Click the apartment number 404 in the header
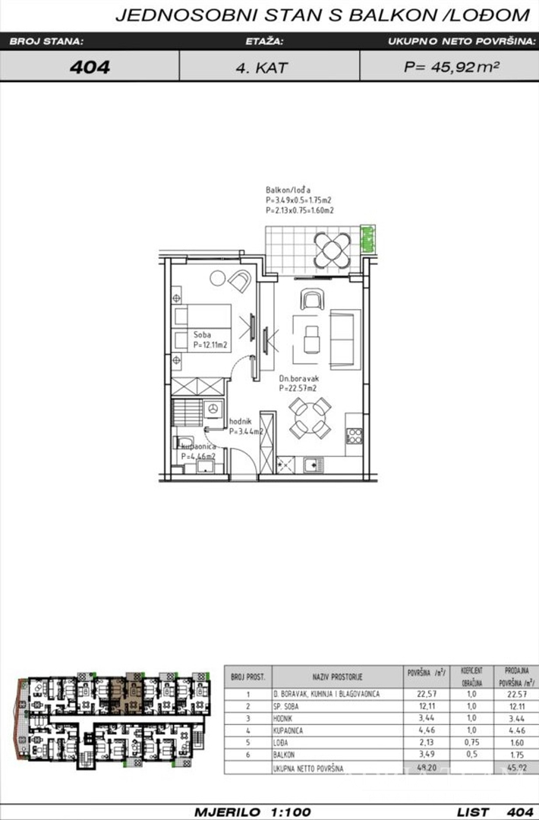pyautogui.click(x=90, y=67)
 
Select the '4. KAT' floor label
pyautogui.click(x=260, y=68)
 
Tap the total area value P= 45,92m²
pyautogui.click(x=451, y=67)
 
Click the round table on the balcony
pyautogui.click(x=331, y=248)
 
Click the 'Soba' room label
pyautogui.click(x=202, y=334)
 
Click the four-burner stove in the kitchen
pyautogui.click(x=354, y=435)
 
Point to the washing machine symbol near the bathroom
pyautogui.click(x=213, y=408)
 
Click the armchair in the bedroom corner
pyautogui.click(x=240, y=282)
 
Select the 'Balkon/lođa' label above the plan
pyautogui.click(x=287, y=189)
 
